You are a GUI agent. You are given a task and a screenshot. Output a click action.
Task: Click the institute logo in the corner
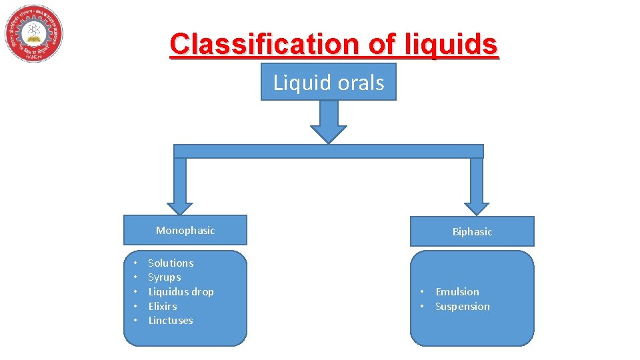point(34,33)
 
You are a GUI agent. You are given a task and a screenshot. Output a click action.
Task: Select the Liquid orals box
point(329,82)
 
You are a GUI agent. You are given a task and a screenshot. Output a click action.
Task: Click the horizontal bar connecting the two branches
point(329,151)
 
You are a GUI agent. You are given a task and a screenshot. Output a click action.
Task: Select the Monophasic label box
point(185,230)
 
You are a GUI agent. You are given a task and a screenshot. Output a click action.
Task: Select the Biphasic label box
point(472,231)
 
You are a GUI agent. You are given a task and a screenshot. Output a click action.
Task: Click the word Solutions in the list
point(171,263)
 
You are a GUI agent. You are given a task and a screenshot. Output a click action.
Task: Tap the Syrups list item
point(164,277)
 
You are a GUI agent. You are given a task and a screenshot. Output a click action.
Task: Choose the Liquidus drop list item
point(181,292)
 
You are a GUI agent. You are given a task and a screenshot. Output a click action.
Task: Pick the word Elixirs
point(162,307)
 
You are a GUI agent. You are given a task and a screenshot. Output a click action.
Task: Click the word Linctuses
point(170,321)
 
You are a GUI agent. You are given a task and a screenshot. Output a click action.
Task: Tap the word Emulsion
point(457,292)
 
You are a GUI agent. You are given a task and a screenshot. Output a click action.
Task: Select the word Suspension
point(462,307)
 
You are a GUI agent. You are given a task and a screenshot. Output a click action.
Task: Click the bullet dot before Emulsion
point(422,292)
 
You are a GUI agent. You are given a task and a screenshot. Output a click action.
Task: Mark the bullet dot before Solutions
point(135,263)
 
